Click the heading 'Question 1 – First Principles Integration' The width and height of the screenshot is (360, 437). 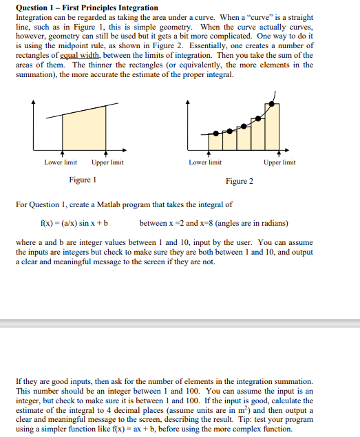point(87,8)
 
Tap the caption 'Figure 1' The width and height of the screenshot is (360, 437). point(83,180)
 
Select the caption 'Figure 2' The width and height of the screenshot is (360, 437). point(240,181)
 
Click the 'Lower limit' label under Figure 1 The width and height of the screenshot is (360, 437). point(61,162)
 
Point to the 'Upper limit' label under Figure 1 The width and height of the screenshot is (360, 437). point(107,162)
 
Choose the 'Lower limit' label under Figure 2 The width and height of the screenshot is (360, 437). point(205,162)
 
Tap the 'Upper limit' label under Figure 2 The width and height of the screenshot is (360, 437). point(279,162)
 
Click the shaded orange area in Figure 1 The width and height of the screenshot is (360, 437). point(85,131)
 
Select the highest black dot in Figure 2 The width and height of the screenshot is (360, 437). point(273,104)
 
